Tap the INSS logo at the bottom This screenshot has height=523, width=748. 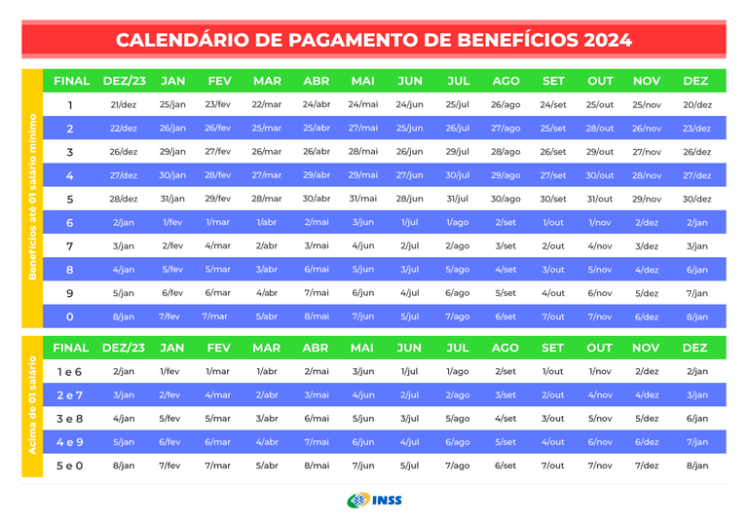coord(374,501)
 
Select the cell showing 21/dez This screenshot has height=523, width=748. coord(124,104)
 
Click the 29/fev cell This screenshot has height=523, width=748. coord(218,199)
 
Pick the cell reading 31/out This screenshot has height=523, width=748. coord(600,199)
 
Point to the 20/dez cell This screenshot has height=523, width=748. coord(696,104)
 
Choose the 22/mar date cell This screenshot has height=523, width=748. coord(267,104)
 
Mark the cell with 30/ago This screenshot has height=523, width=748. coord(505,199)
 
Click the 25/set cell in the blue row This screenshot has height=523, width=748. coord(552,129)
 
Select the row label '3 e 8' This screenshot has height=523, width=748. coord(70,419)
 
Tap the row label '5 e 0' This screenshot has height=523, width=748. coord(70,466)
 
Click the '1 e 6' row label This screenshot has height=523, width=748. coord(70,371)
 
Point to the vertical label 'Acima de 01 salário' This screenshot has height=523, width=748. coord(32,406)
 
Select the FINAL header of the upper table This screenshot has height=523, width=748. coord(71,81)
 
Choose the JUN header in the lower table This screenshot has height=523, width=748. coord(410,348)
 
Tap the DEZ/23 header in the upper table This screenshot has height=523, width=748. coord(124,81)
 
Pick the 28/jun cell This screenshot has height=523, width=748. coord(410,199)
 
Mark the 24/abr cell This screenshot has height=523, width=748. coord(317,104)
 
